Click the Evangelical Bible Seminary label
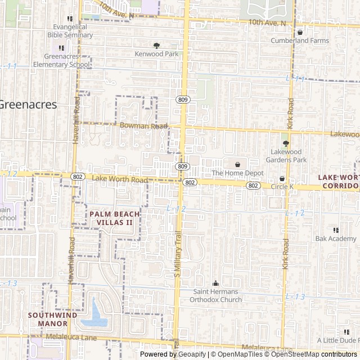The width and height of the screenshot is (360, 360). (73, 30)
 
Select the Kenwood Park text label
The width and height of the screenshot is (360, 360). (156, 54)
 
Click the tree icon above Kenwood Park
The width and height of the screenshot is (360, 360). (156, 46)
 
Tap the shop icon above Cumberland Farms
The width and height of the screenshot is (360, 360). (300, 32)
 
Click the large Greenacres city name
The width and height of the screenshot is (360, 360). (28, 104)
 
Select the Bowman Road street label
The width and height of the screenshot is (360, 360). (143, 126)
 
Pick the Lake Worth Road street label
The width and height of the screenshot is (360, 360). (119, 179)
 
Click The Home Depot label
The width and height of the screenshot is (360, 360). (237, 173)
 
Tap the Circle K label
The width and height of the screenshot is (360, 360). (282, 187)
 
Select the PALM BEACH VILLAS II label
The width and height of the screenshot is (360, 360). (111, 218)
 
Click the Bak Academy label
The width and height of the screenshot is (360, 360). (336, 239)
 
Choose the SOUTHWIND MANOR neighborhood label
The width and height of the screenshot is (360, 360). (53, 319)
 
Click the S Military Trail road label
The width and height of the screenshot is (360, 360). (177, 256)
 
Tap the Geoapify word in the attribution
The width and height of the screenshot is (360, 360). (192, 354)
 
